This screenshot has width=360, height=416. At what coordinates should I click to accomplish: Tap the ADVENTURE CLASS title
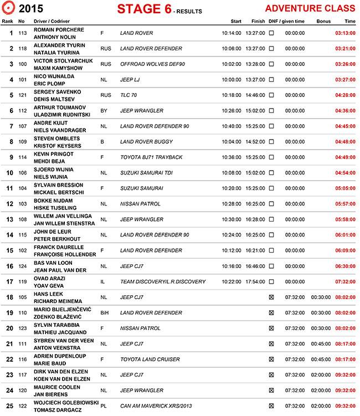point(310,8)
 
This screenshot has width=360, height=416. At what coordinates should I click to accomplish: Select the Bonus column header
point(323,21)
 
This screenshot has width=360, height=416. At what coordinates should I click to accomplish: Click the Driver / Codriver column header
point(53,21)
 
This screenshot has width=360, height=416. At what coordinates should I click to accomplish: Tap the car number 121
point(22,95)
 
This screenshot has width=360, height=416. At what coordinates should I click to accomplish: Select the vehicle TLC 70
point(128,95)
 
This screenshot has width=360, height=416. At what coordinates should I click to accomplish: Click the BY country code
point(104,111)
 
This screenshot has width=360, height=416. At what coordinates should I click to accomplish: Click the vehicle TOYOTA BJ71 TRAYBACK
point(151,157)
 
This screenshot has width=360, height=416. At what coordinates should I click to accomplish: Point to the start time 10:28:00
point(232,204)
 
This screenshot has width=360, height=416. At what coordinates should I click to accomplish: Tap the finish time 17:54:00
point(255,281)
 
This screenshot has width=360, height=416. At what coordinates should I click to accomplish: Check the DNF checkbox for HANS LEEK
point(271,297)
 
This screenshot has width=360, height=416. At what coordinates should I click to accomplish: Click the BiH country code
point(105,312)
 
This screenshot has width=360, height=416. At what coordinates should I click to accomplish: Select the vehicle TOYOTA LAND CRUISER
point(150,359)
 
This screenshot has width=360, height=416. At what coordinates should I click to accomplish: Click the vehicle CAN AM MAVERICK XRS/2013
point(156,405)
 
